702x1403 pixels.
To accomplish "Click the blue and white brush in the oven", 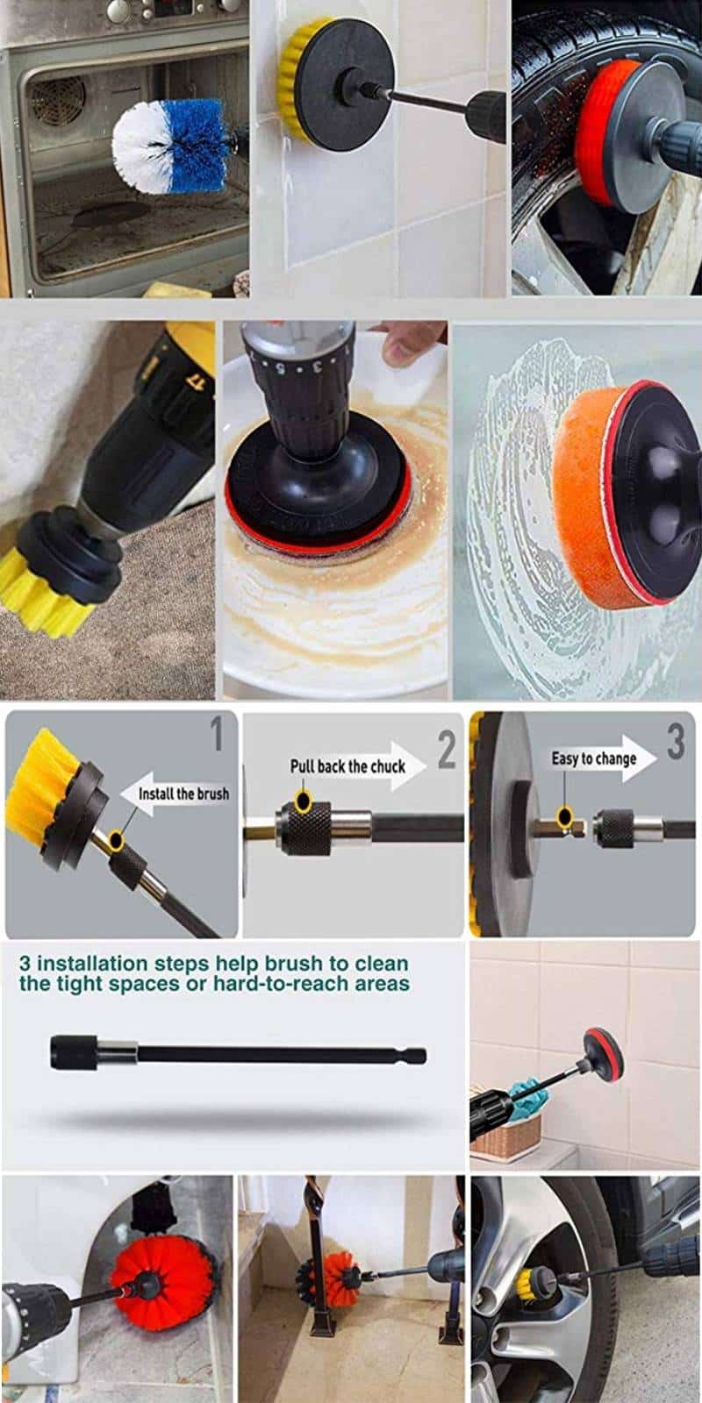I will click(167, 146).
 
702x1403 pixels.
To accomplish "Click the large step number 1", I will click(217, 735).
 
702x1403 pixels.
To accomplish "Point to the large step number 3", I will click(675, 741).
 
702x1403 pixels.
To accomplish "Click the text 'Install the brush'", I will click(183, 793).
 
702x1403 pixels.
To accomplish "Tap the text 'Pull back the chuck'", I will click(347, 766).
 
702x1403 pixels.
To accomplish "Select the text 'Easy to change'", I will click(593, 758).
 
